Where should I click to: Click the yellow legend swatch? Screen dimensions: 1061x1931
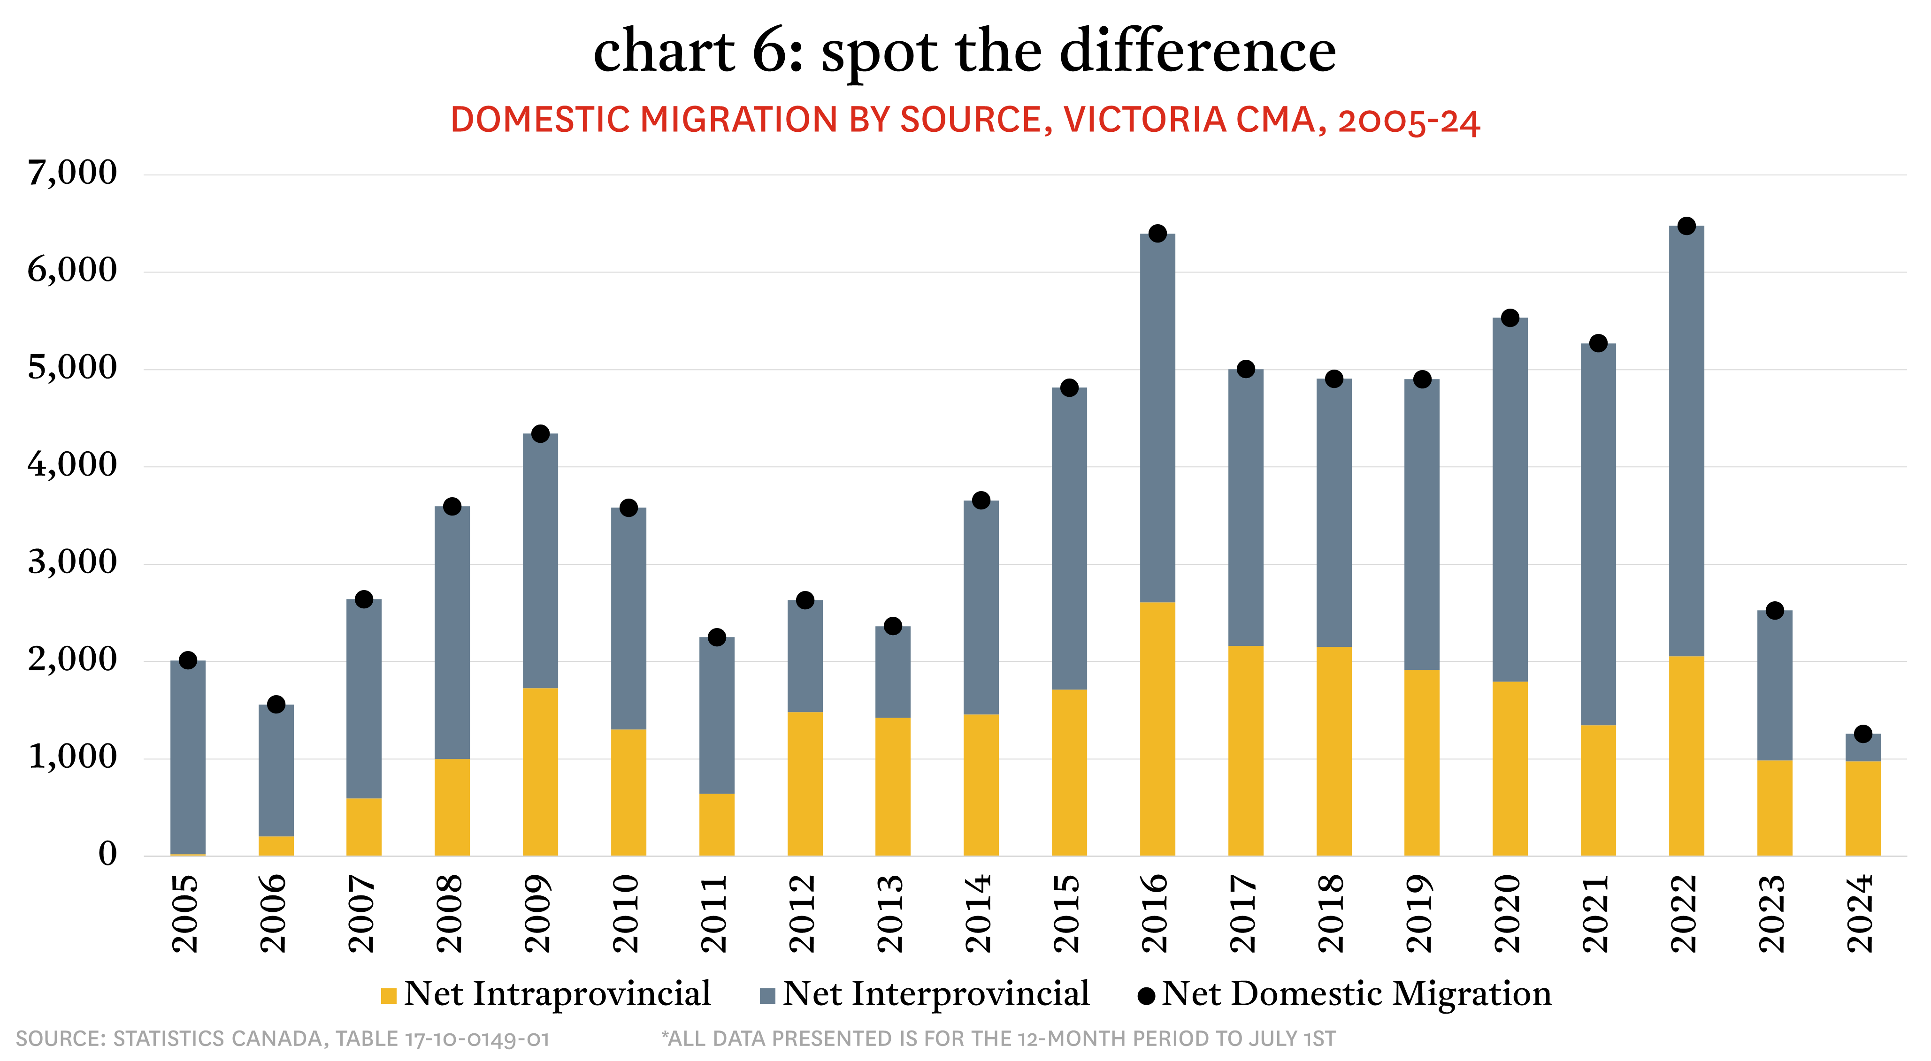coord(388,996)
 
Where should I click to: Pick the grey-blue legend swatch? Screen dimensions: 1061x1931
coord(767,996)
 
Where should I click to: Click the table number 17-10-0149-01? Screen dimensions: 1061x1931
coord(477,1039)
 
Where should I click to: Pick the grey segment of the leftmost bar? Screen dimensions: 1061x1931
coord(188,757)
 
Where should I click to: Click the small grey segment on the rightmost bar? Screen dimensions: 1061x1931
coord(1863,749)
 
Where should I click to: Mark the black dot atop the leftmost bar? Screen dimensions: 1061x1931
coord(188,662)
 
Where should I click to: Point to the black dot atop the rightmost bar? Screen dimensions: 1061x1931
coord(1863,736)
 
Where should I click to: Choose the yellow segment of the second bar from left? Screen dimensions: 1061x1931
coord(276,846)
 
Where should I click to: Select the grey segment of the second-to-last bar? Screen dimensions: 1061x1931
coord(1775,686)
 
